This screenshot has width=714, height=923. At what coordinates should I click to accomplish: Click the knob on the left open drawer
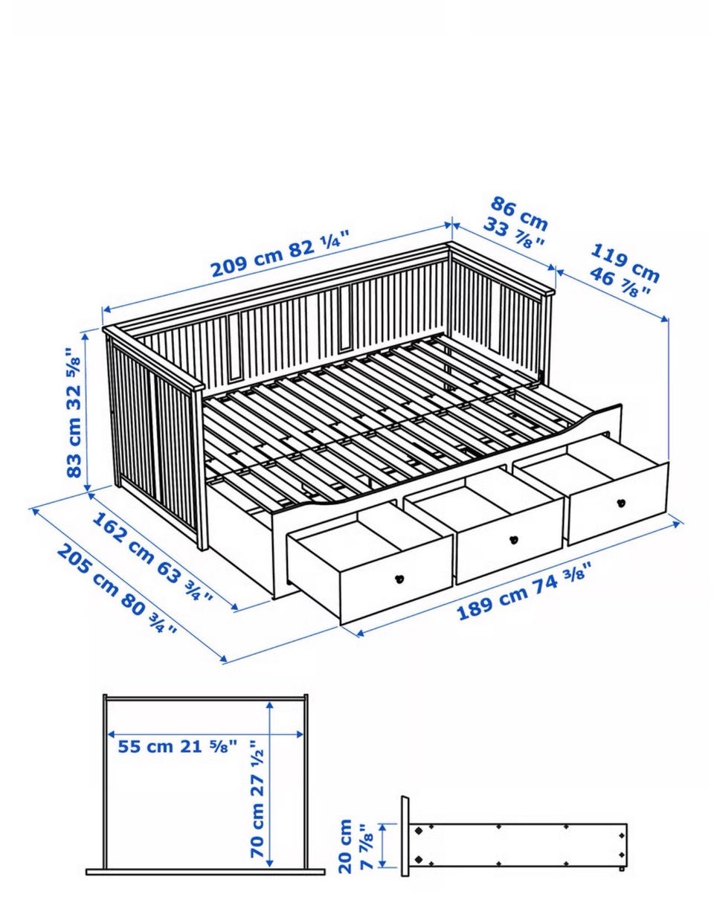click(399, 578)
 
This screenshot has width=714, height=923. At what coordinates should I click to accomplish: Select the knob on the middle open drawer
click(512, 539)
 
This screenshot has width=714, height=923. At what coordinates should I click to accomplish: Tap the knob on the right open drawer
click(621, 503)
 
